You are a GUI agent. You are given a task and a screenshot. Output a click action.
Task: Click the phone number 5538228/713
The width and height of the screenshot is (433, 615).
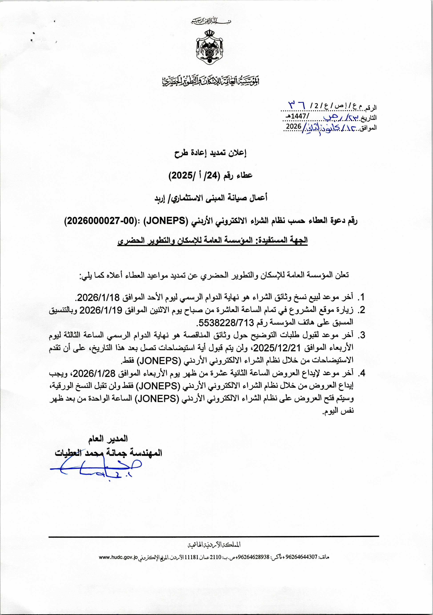(225, 323)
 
